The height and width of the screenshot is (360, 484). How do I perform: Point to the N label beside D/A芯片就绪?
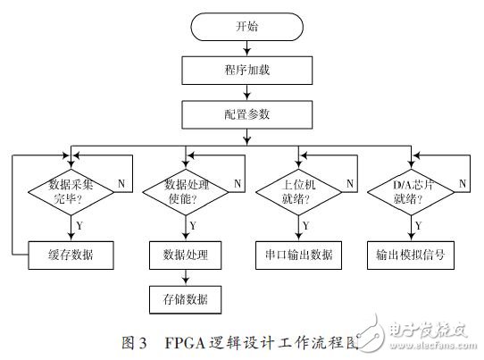[463, 182]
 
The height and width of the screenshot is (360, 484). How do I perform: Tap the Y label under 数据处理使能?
[192, 224]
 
